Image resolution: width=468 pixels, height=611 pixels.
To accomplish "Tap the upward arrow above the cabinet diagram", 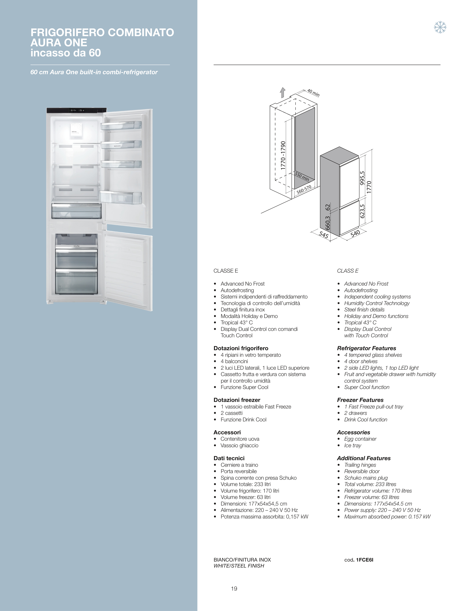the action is pyautogui.click(x=283, y=93).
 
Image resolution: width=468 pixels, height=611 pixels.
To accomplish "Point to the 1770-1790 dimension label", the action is pyautogui.click(x=283, y=156).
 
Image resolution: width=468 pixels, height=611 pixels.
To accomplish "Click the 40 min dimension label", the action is pyautogui.click(x=313, y=93).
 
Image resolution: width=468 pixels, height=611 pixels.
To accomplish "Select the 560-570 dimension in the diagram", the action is pyautogui.click(x=304, y=190).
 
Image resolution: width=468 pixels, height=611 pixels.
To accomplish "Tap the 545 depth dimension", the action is pyautogui.click(x=324, y=235).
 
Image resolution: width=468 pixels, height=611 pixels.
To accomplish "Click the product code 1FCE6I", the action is pyautogui.click(x=365, y=560).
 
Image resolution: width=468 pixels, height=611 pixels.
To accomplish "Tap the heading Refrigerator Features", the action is pyautogui.click(x=367, y=348).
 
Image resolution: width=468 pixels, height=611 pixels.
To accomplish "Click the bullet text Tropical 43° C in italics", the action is pyautogui.click(x=360, y=322).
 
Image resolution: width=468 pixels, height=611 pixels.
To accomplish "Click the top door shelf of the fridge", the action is pyautogui.click(x=121, y=125).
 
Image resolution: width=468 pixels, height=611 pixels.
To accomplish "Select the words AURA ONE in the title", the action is pyautogui.click(x=59, y=43).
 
